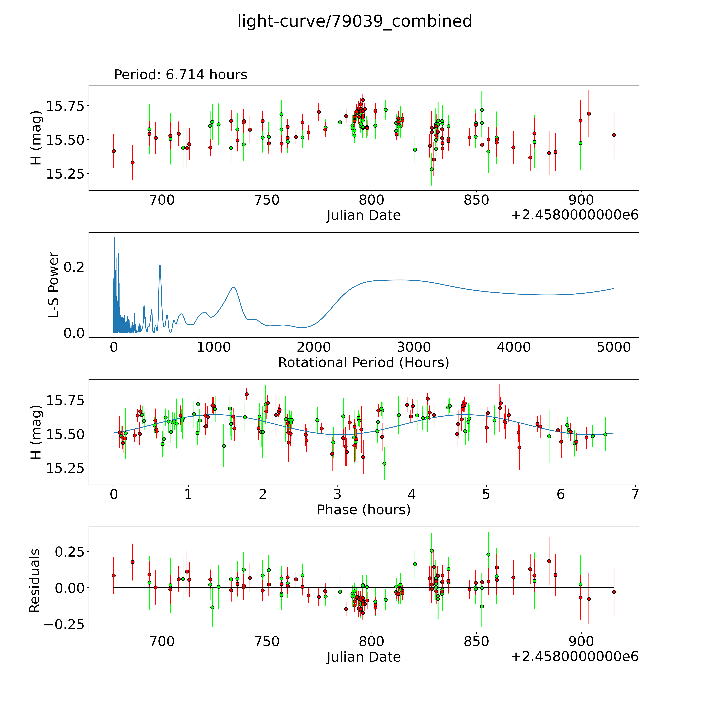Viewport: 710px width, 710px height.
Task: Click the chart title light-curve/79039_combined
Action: (x=355, y=21)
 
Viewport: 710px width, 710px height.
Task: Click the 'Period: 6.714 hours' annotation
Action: (x=180, y=75)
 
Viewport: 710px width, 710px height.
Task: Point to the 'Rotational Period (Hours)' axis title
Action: (x=363, y=363)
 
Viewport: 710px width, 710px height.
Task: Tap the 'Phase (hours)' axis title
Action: (x=363, y=510)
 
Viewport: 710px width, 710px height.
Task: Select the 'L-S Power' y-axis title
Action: (x=54, y=285)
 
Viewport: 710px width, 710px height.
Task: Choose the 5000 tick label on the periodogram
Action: (x=614, y=347)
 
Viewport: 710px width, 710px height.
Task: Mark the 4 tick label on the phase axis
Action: (x=412, y=494)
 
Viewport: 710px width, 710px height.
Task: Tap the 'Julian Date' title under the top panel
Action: (x=363, y=215)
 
